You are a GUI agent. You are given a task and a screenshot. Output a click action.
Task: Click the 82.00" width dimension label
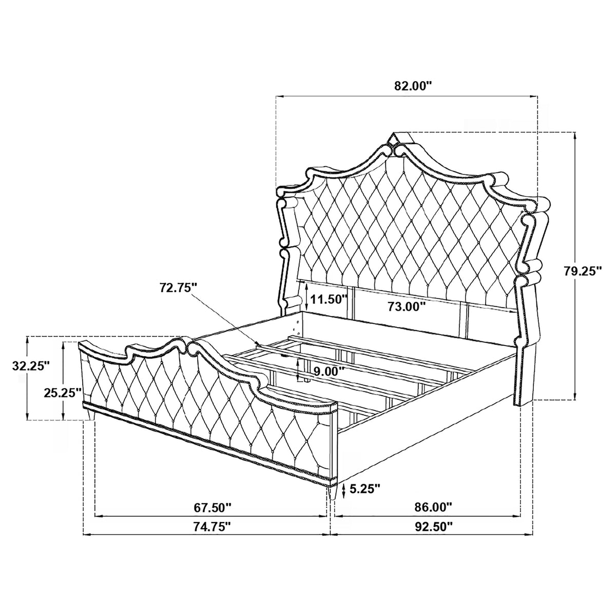[413, 86]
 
